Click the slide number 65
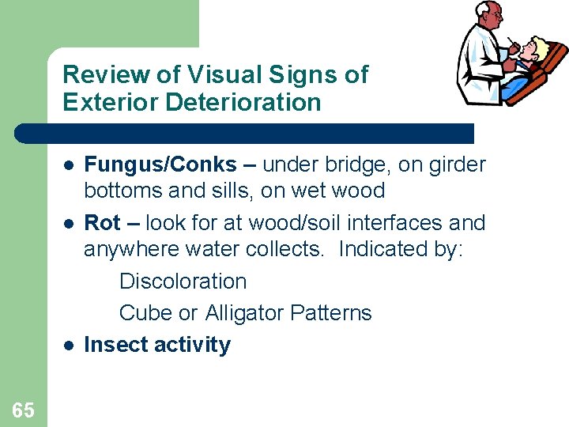coord(23,409)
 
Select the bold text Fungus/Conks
coord(160,164)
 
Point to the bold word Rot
coord(102,223)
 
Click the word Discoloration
coord(183,282)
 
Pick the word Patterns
coord(330,313)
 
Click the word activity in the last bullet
coord(194,346)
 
